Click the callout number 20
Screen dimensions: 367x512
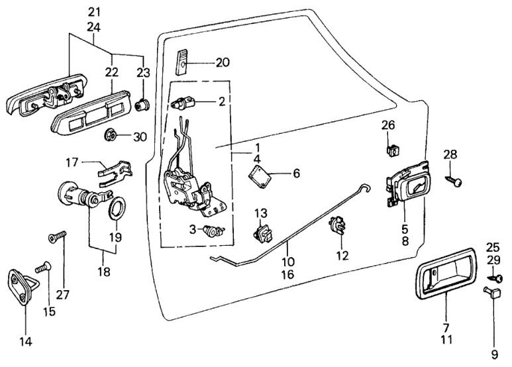pyautogui.click(x=223, y=63)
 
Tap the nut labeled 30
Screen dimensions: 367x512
pyautogui.click(x=111, y=136)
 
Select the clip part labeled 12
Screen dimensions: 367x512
pyautogui.click(x=336, y=228)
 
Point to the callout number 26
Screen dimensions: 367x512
pyautogui.click(x=388, y=125)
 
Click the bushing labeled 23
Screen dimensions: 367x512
pyautogui.click(x=142, y=105)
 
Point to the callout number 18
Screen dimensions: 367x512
pyautogui.click(x=101, y=271)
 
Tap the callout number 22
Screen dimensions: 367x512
pyautogui.click(x=111, y=72)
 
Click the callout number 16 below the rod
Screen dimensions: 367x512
pyautogui.click(x=287, y=273)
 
